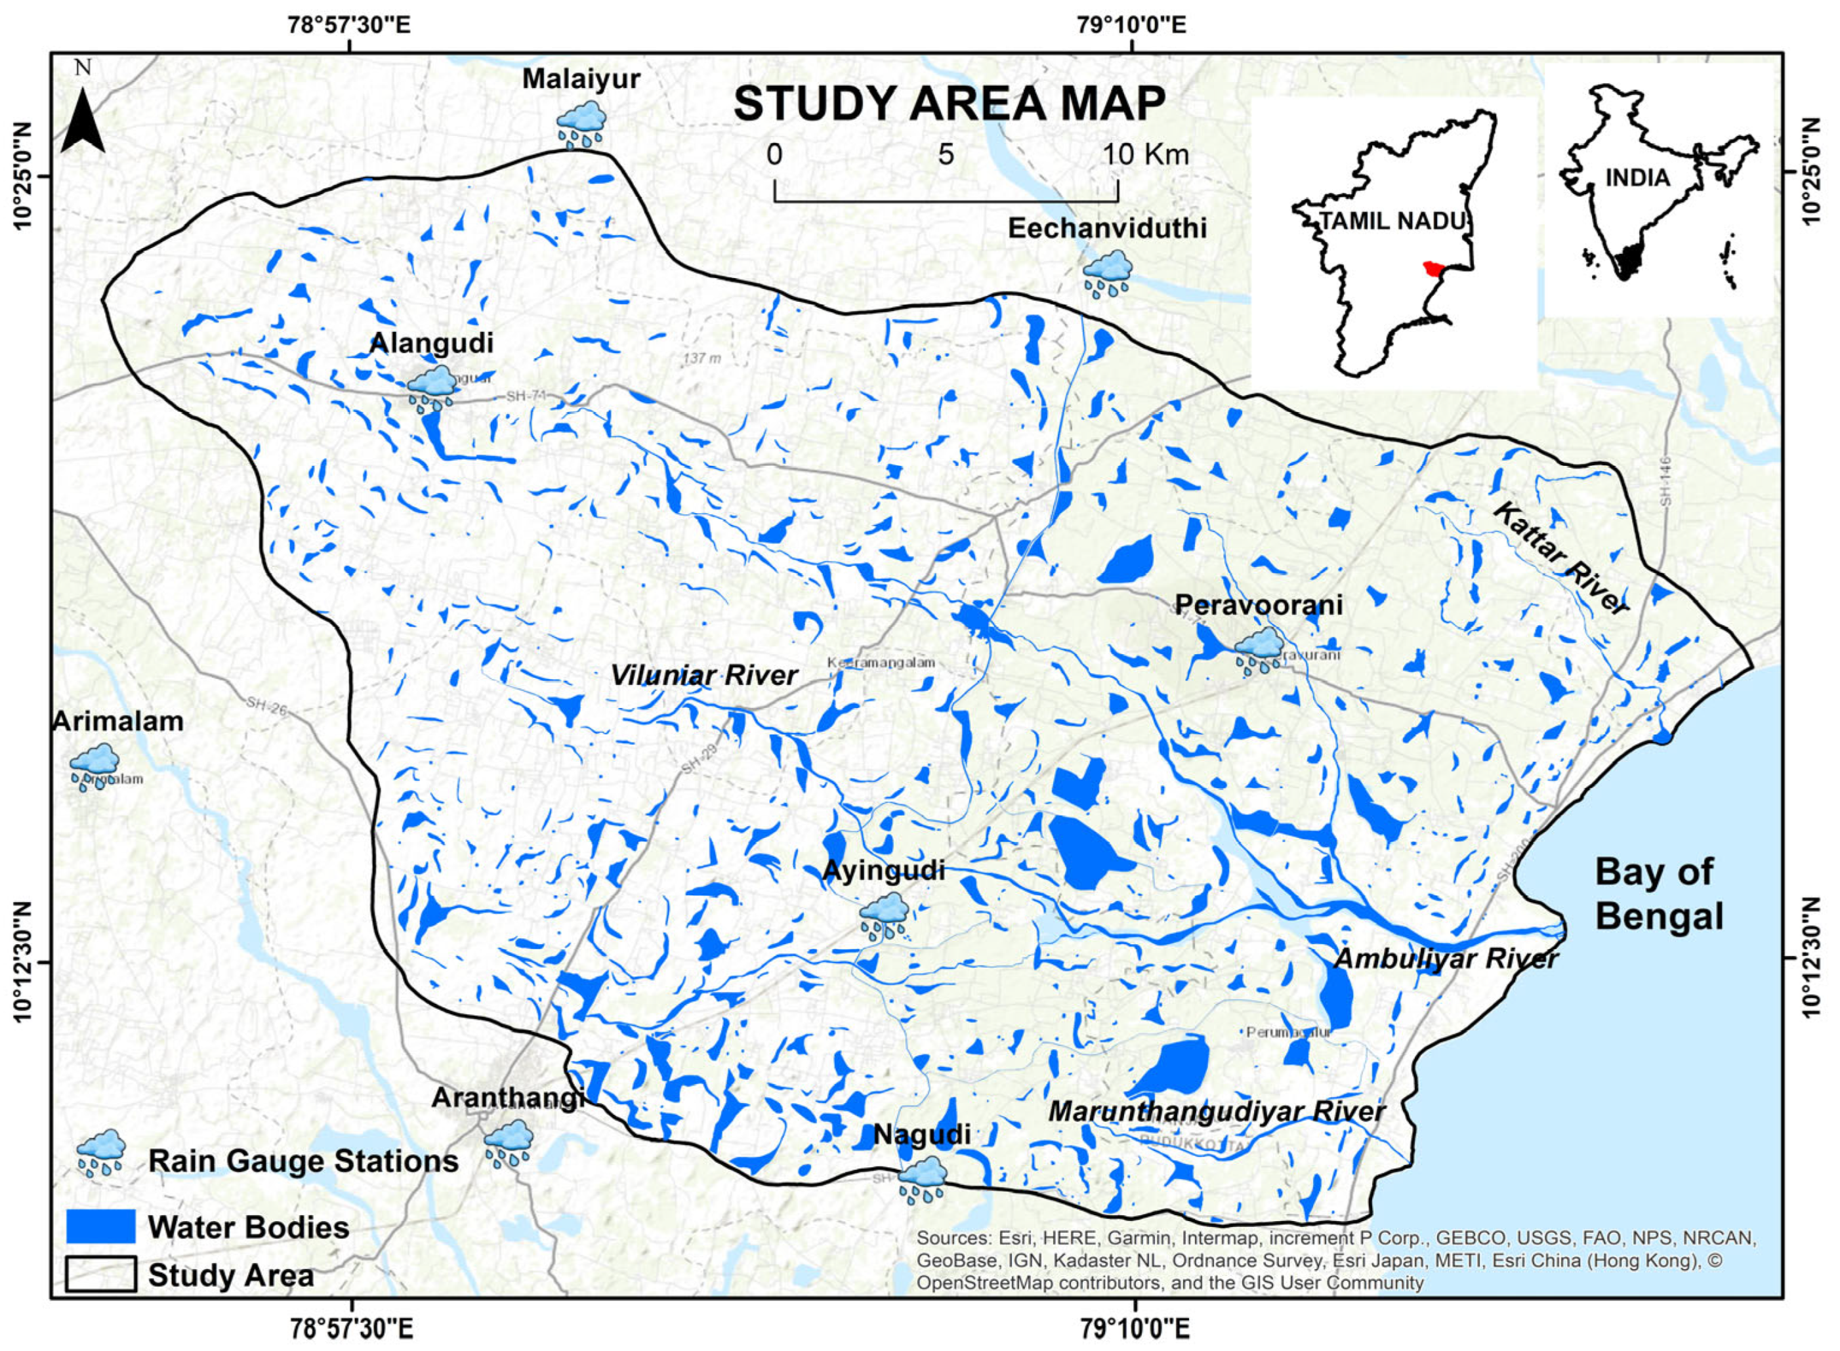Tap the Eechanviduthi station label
pos(1106,228)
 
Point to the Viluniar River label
pos(704,676)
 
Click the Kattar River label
pos(1561,558)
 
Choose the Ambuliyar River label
pos(1446,959)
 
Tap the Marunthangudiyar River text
pos(1217,1112)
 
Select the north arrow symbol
pos(83,121)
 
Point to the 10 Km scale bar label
pos(1145,155)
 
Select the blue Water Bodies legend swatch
pos(100,1227)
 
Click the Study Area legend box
pos(100,1275)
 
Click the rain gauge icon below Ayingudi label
pos(883,915)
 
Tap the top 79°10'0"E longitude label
pos(1133,26)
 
